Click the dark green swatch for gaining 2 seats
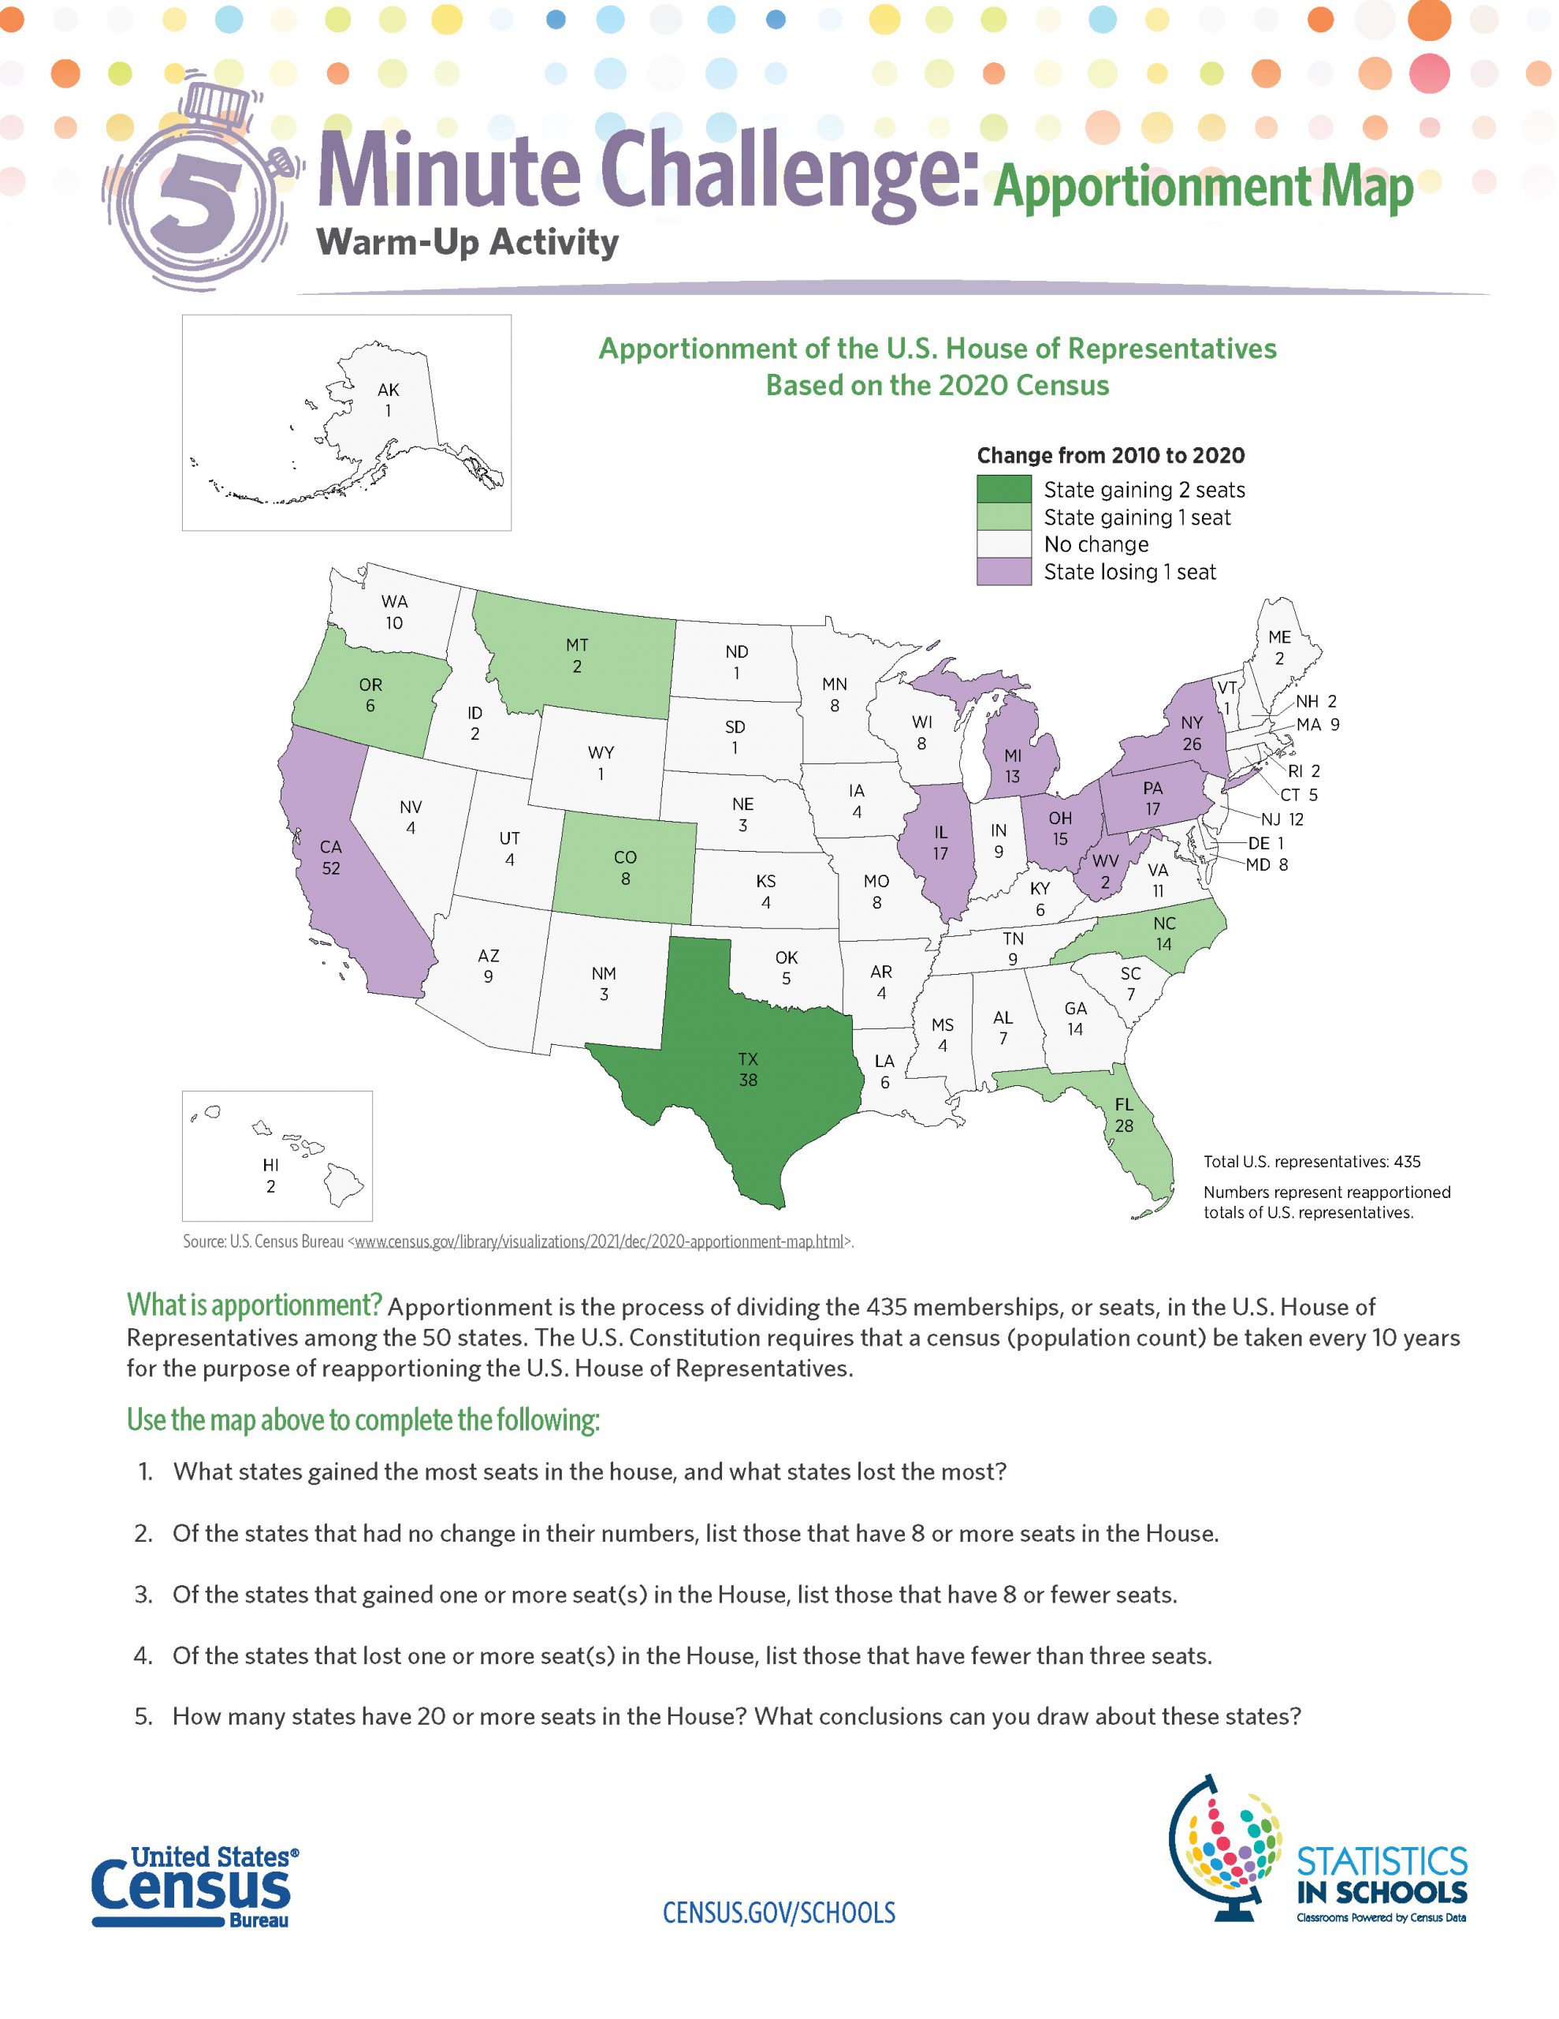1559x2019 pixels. pos(1003,489)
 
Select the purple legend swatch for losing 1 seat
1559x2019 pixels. pos(1003,571)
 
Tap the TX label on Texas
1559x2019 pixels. pos(748,1058)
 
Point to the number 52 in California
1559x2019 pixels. pos(331,868)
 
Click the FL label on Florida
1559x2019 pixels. pos(1124,1105)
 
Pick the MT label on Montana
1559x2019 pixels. pos(577,645)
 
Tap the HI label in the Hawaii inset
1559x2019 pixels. pos(271,1166)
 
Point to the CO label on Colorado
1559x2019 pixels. pos(626,858)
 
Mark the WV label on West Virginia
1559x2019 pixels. pos(1105,861)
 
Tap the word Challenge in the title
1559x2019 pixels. pos(789,172)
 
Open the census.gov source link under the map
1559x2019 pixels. pos(599,1241)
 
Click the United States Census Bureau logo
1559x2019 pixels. pos(195,1887)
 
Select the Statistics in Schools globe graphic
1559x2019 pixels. pos(1226,1849)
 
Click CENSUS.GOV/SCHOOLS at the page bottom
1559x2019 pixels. pos(779,1913)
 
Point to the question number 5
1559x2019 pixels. pos(143,1717)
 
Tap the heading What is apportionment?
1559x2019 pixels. pos(254,1305)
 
